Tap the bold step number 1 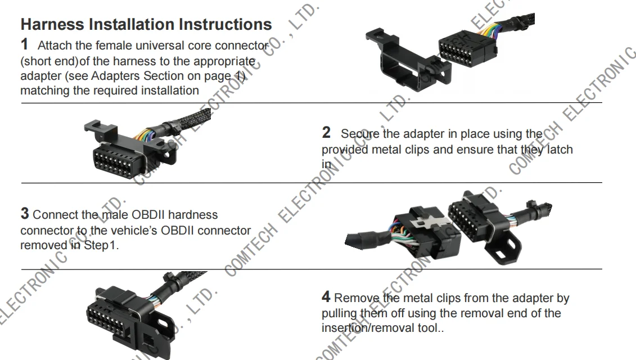pos(25,43)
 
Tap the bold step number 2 pos(326,133)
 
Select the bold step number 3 pos(25,214)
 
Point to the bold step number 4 pos(326,297)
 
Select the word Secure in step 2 pos(360,134)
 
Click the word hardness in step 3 pos(192,215)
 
